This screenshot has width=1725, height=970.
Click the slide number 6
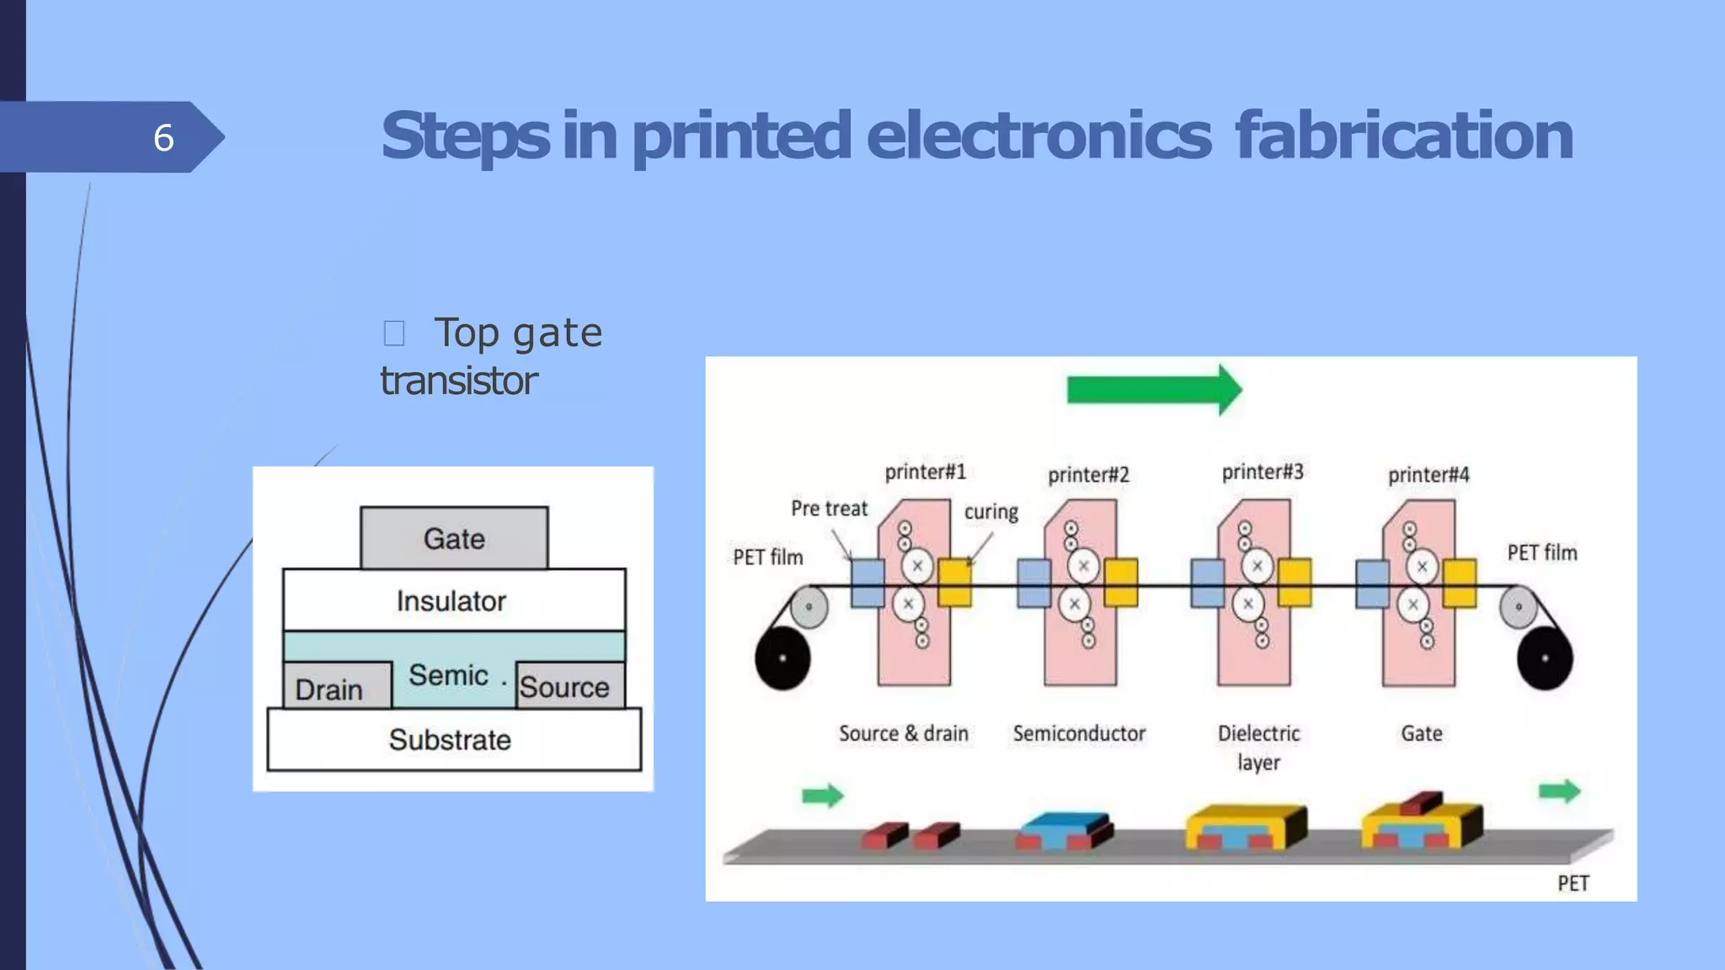coord(163,137)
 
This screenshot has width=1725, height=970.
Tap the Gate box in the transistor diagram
coord(454,538)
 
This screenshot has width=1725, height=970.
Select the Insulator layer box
coord(453,600)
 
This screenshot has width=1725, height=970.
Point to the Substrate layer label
coord(451,739)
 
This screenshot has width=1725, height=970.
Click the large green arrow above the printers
coord(1152,390)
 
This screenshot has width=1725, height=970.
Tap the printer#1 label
coord(925,472)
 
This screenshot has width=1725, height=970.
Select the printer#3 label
coord(1262,472)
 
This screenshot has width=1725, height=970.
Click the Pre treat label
coord(828,508)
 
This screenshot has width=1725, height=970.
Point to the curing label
coord(991,511)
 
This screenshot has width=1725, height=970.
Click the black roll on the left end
coord(782,658)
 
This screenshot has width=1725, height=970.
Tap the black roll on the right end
coord(1544,658)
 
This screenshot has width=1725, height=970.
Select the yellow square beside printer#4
coord(1459,583)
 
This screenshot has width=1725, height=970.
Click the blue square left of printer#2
coord(1033,583)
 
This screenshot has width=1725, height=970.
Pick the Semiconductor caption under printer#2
coord(1079,733)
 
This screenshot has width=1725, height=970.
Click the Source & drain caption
coord(903,733)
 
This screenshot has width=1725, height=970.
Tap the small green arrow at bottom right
coord(1558,791)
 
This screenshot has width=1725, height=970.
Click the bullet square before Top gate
coord(393,333)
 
